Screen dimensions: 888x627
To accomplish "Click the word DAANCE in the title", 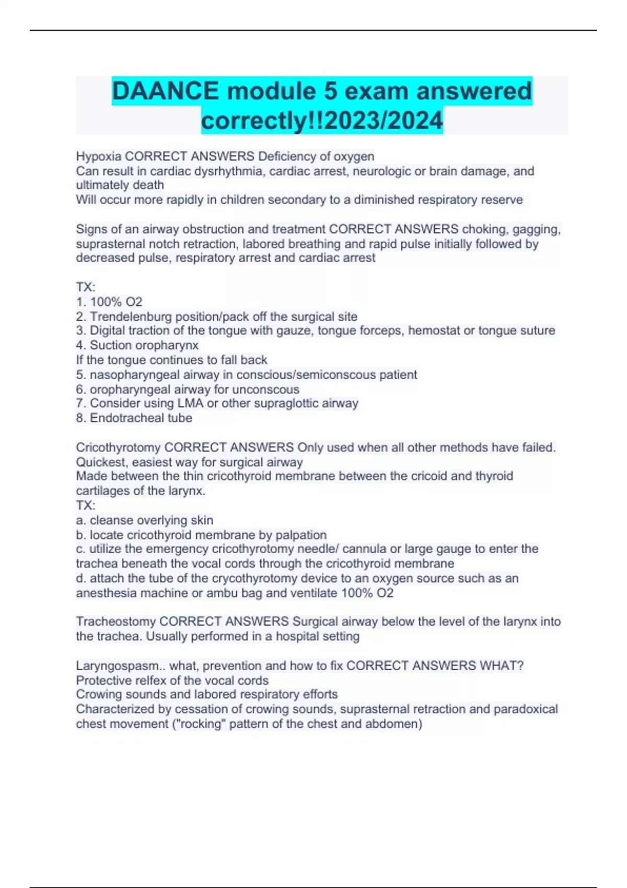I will click(x=166, y=91).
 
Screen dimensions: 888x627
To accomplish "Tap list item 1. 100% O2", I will click(x=109, y=302).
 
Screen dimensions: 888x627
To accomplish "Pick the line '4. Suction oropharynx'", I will click(x=137, y=345).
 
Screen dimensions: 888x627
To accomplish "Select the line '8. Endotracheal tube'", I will click(x=134, y=418).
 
